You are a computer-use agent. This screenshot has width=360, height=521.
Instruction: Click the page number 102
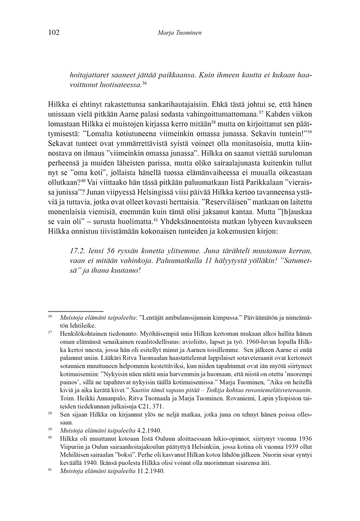54,33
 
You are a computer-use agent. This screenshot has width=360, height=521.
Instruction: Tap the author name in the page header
179,33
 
